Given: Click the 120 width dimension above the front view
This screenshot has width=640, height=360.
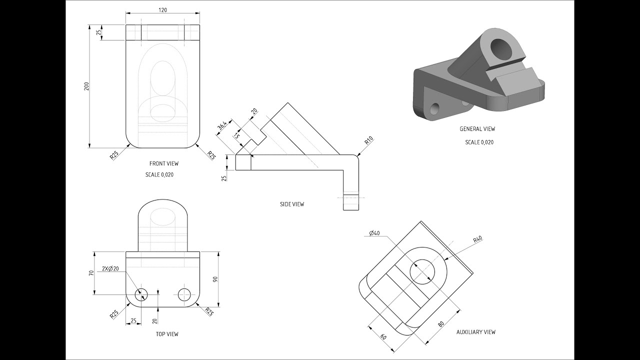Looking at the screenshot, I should click(x=162, y=10).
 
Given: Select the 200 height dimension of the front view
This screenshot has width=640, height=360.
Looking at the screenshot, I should click(x=86, y=85).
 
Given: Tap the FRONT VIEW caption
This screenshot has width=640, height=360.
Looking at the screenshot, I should click(x=163, y=163).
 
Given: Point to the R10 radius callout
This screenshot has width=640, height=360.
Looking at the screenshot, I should click(x=369, y=140).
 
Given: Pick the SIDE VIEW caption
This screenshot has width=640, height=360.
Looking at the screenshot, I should click(x=292, y=204).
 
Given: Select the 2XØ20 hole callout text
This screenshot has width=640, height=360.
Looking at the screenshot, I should click(x=110, y=268).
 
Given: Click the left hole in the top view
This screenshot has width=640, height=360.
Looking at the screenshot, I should click(x=141, y=294).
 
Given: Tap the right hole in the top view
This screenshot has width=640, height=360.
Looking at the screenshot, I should click(x=184, y=294).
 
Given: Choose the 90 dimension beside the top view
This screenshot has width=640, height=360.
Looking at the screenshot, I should click(x=215, y=279).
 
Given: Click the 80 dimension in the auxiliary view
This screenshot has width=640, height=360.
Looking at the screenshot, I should click(x=440, y=323).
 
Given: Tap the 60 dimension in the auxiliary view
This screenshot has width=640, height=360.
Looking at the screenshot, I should click(x=383, y=336).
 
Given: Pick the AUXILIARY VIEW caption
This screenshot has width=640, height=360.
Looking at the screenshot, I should click(x=476, y=332).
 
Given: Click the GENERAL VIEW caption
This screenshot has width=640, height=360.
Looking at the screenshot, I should click(x=477, y=129).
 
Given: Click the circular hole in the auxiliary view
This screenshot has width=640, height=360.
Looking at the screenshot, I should click(x=422, y=272).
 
